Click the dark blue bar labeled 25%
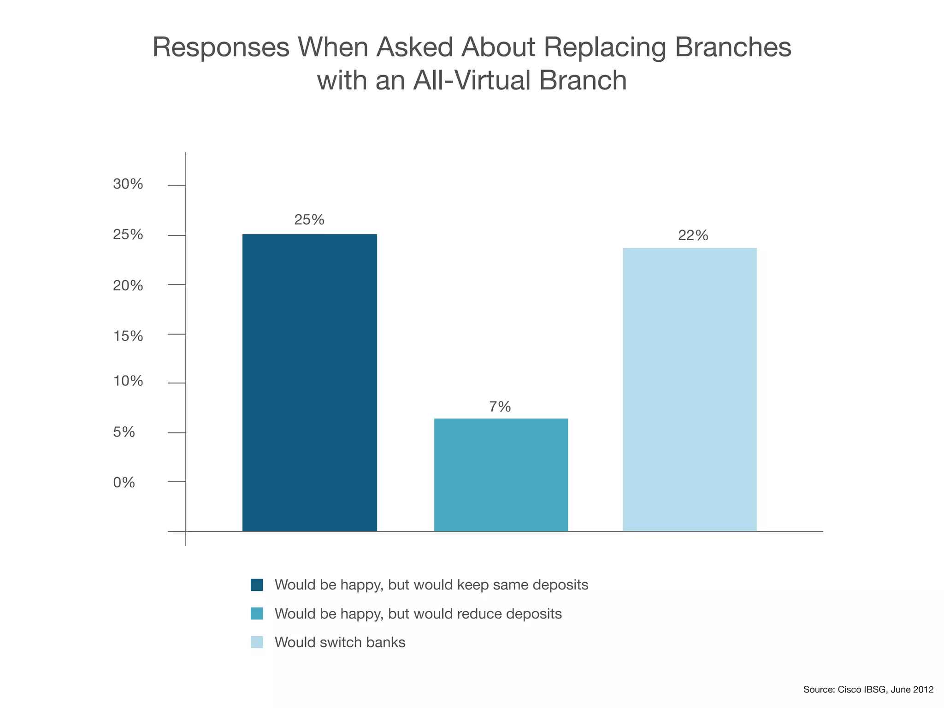[x=309, y=383]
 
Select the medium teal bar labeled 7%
[x=501, y=475]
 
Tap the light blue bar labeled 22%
[x=690, y=389]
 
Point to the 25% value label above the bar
[x=309, y=220]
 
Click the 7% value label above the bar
[x=500, y=407]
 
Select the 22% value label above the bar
[x=693, y=236]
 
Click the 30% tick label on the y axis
[x=128, y=184]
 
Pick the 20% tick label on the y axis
[x=128, y=286]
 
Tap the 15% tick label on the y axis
[x=128, y=336]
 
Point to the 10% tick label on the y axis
[x=128, y=381]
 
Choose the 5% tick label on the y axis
[x=124, y=432]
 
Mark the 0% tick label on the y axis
[x=124, y=483]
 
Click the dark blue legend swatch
[x=257, y=585]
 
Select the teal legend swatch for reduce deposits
[x=257, y=614]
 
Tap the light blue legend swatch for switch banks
[x=257, y=642]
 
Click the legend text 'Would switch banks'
[x=340, y=642]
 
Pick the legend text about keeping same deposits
[x=431, y=585]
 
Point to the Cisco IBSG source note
[x=868, y=690]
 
